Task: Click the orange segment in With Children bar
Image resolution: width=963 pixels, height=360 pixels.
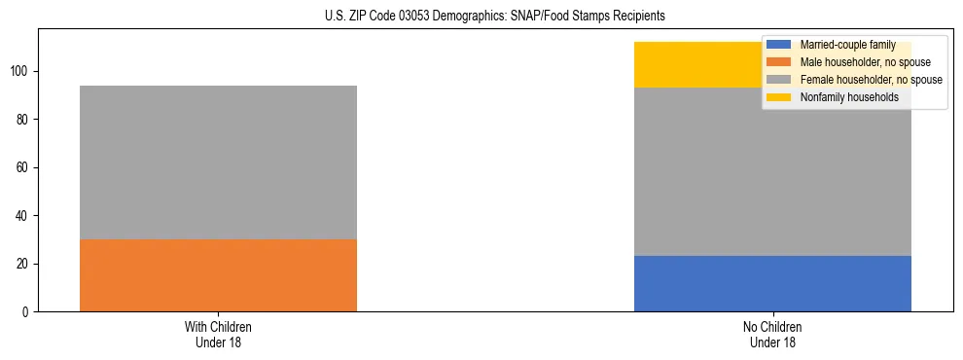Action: tap(218, 275)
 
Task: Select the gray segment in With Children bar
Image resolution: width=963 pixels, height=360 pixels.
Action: tap(218, 162)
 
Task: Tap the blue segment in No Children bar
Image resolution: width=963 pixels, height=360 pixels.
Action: tap(772, 283)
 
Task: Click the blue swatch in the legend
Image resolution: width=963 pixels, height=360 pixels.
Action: tap(779, 45)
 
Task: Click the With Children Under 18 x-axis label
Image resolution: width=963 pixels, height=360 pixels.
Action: tap(218, 334)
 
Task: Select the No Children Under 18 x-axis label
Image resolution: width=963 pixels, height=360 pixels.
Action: tap(772, 334)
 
